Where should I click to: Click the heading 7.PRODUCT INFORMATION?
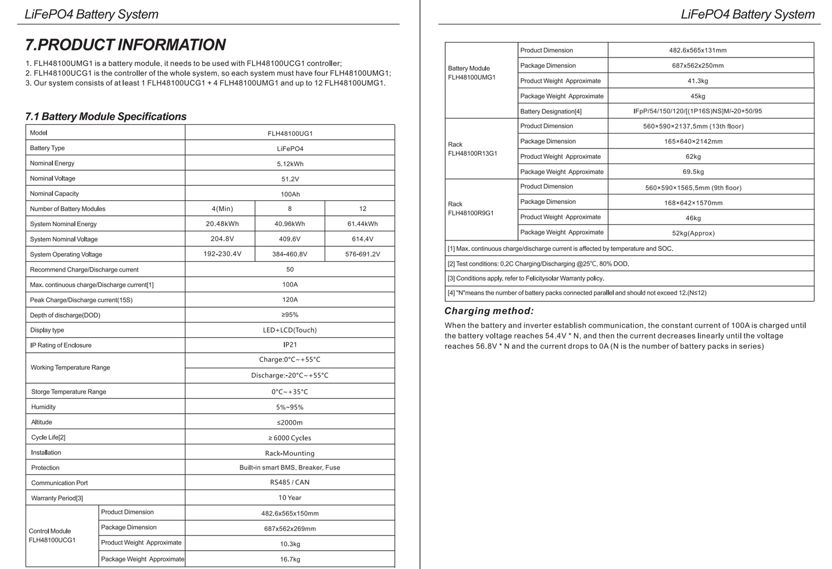click(x=126, y=45)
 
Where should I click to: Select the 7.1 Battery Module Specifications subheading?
click(x=106, y=117)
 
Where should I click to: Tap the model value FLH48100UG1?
click(x=290, y=133)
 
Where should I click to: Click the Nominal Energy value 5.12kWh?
click(x=290, y=164)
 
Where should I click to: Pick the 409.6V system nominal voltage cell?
click(x=290, y=239)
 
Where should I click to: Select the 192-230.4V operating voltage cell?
click(x=222, y=254)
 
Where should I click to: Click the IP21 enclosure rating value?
click(x=290, y=345)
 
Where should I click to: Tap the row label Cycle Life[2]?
click(x=48, y=437)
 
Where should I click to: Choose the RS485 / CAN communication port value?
click(x=290, y=483)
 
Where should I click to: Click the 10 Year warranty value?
click(x=290, y=498)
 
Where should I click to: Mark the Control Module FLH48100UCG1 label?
click(x=52, y=536)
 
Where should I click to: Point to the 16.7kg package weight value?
click(x=290, y=559)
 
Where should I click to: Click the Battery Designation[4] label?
click(x=551, y=112)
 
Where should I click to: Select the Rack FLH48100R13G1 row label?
click(x=472, y=149)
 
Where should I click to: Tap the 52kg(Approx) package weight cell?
click(x=693, y=233)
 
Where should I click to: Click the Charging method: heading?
click(x=489, y=311)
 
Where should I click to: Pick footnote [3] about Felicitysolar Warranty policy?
click(x=526, y=278)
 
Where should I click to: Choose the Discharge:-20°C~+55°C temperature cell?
click(x=290, y=376)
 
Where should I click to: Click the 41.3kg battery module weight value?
click(x=697, y=81)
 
